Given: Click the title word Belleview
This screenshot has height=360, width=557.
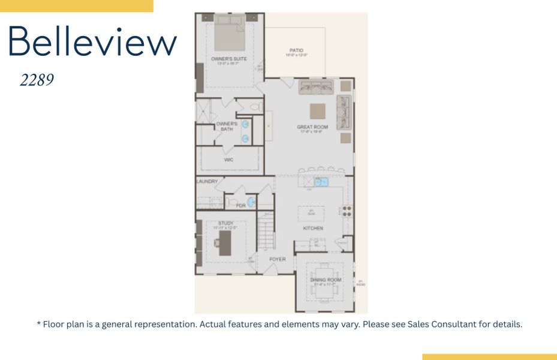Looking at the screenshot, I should coord(92,41).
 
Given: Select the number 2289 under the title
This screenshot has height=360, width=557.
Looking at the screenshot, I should coord(37,80).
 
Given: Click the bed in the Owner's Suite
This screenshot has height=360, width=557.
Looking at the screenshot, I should coord(230,34).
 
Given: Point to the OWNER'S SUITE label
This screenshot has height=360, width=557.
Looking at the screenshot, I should coord(229,59).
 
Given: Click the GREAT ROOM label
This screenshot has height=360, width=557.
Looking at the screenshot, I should coord(312,127).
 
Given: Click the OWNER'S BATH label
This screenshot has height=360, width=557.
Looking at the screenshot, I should coord(227,126).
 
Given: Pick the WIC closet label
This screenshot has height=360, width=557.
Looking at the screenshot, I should coord(228,160).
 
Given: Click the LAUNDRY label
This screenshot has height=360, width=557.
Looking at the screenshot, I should coord(207,181).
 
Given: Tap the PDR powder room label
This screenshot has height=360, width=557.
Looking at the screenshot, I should coord(240,205).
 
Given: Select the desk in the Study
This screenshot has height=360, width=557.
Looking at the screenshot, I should coord(225,242).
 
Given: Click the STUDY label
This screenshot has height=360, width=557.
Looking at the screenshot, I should coord(226,223).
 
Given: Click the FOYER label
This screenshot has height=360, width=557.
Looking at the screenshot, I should coord(277,259).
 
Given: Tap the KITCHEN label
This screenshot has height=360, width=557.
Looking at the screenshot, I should coord(313,228).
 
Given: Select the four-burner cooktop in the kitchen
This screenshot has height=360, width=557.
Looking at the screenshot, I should coord(347,211).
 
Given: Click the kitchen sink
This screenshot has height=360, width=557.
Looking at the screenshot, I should coord(322,182).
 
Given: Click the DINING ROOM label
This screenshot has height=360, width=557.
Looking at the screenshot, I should coord(326,280).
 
